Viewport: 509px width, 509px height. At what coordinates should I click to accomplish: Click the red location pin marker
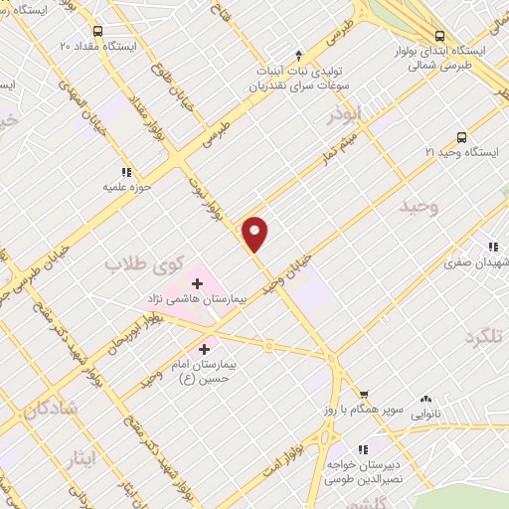(255, 234)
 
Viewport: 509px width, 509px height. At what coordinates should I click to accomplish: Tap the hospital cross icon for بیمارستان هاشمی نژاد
(196, 285)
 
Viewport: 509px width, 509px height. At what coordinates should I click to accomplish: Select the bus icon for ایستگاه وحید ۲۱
(460, 137)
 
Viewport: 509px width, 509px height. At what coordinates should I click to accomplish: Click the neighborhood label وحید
(419, 207)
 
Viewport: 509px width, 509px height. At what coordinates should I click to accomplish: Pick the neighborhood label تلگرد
(484, 336)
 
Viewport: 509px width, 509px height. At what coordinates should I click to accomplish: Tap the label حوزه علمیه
(126, 186)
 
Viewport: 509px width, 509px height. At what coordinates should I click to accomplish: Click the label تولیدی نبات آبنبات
(298, 69)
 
